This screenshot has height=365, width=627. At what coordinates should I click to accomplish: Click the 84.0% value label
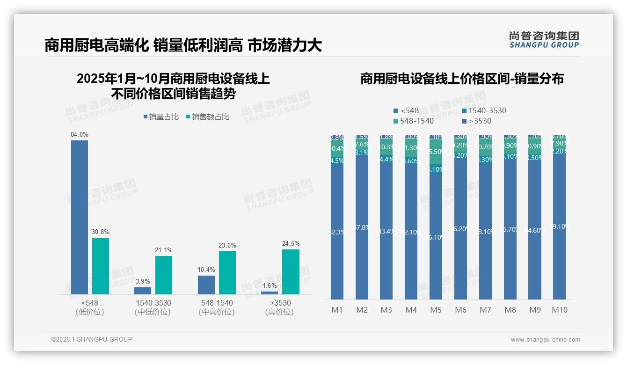(80, 135)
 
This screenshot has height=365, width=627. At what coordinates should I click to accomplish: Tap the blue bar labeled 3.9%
(143, 291)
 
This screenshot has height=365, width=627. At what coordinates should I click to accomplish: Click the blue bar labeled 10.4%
(206, 285)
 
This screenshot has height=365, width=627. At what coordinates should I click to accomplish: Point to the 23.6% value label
(227, 245)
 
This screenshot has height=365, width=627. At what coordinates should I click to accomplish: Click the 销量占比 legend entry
(161, 117)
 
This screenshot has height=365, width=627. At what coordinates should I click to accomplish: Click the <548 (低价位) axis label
(89, 307)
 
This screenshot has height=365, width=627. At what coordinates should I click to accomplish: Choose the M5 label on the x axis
(436, 310)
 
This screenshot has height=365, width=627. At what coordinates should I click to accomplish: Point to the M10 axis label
(559, 310)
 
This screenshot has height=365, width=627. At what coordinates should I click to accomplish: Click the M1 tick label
(337, 310)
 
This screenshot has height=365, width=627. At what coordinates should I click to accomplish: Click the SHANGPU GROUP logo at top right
(544, 39)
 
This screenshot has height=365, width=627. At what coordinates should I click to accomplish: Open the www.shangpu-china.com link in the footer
(545, 340)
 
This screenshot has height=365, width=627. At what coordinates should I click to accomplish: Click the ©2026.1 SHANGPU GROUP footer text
(92, 339)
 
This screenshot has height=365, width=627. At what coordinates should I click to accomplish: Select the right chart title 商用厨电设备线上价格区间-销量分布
(462, 79)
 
